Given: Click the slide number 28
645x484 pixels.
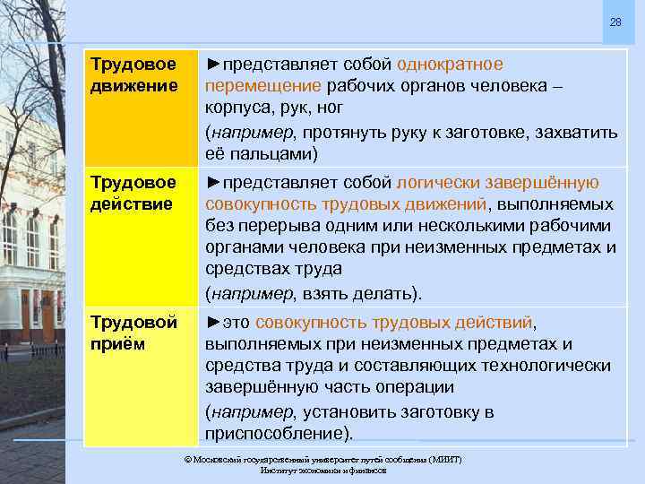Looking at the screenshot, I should coord(615,22).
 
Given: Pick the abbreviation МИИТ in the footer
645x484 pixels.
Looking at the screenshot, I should coord(441,459).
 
